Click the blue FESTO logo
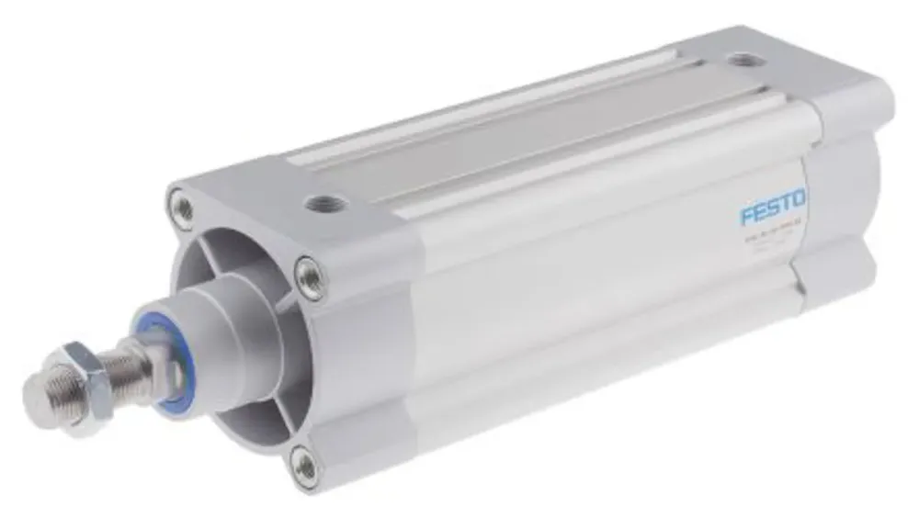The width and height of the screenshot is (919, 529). click(773, 207)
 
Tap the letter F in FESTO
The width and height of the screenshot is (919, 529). click(748, 216)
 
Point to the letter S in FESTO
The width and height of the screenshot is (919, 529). click(773, 208)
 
